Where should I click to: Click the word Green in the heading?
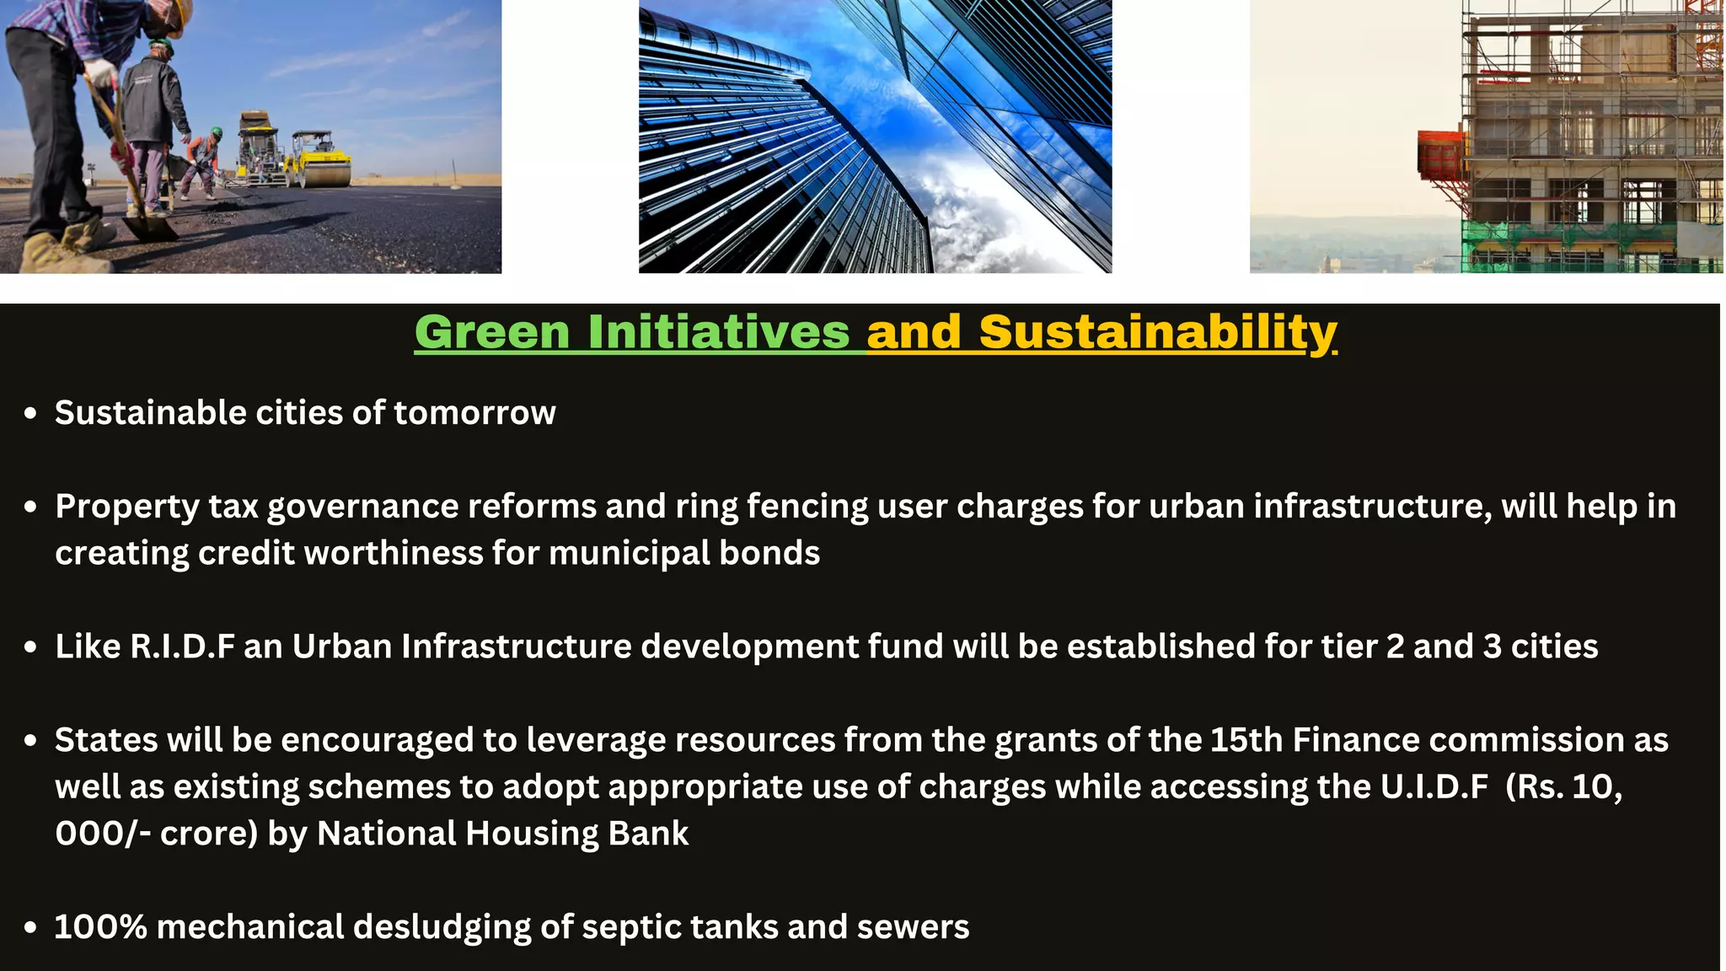point(492,332)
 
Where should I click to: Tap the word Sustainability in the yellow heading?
point(1158,332)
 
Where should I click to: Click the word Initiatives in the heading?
point(719,332)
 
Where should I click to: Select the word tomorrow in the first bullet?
point(474,413)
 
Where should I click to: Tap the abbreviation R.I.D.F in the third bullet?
point(182,646)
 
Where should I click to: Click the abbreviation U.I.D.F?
point(1434,786)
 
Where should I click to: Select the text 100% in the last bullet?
point(100,927)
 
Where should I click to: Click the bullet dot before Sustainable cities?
point(31,414)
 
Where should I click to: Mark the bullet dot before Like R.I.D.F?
point(31,647)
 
